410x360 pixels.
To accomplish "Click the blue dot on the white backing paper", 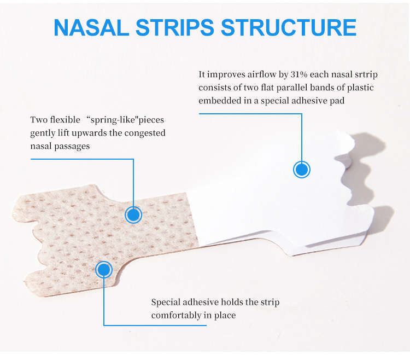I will (x=302, y=169).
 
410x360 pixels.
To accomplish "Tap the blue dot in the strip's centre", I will (x=133, y=214).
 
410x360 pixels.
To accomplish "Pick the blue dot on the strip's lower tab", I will (x=104, y=269).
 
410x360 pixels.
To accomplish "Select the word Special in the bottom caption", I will (x=167, y=303).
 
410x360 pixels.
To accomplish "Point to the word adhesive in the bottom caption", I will (x=205, y=303).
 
